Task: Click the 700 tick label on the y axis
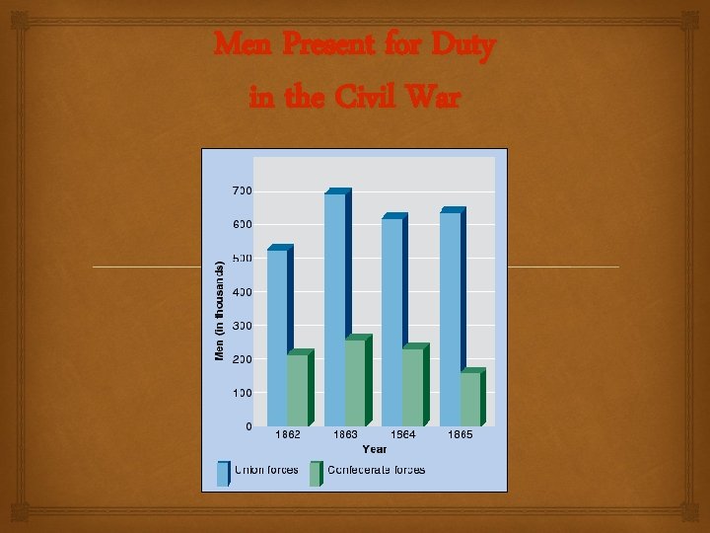tap(243, 190)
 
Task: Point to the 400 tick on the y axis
tap(243, 292)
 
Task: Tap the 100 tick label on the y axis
tap(243, 393)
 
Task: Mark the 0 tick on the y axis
tap(248, 426)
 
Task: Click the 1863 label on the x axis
tap(345, 434)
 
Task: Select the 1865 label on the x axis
tap(461, 434)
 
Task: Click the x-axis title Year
tap(374, 449)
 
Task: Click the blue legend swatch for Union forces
tap(223, 474)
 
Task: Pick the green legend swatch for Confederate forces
tap(316, 474)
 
